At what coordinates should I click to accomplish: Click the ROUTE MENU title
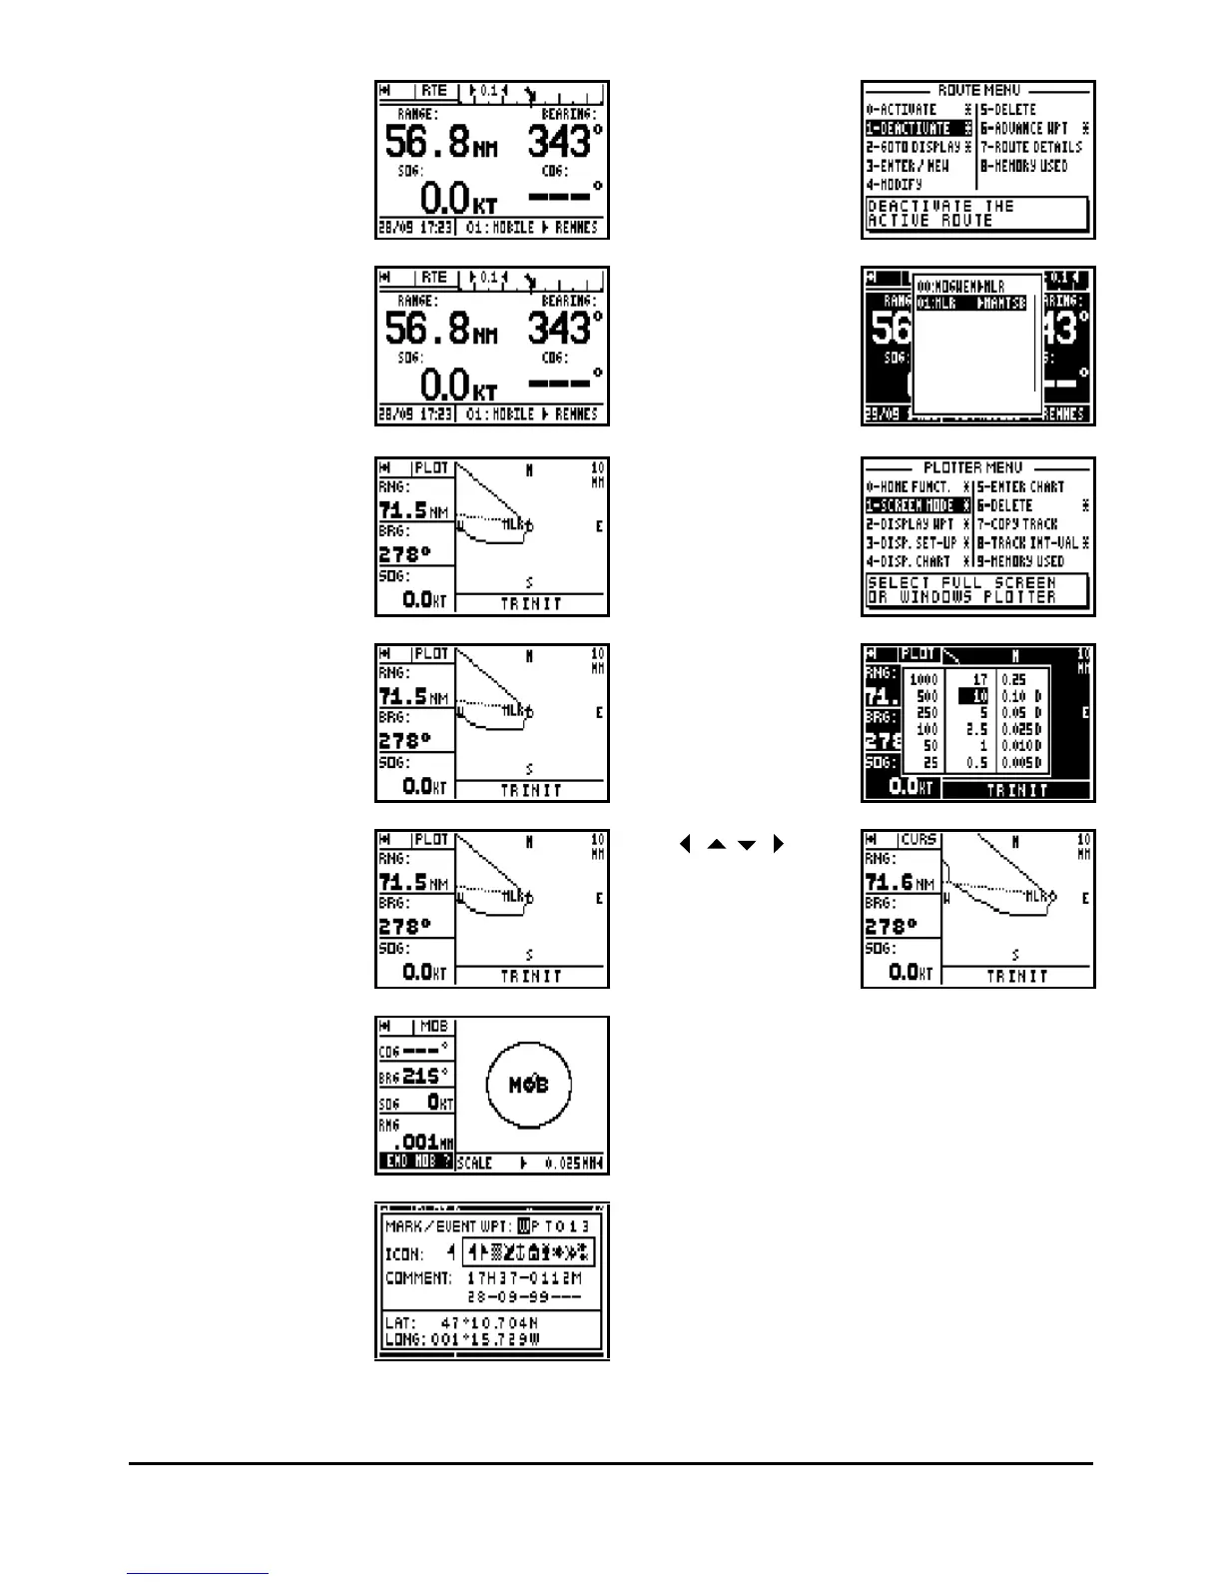[978, 90]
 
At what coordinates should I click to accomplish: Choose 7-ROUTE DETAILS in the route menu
[1030, 147]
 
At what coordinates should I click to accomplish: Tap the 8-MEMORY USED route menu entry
[1023, 166]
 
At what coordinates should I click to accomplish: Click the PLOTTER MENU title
[972, 467]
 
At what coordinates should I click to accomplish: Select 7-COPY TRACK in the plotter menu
[1017, 523]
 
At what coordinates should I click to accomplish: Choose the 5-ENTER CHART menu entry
[1020, 486]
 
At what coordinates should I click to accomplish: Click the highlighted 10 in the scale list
[973, 696]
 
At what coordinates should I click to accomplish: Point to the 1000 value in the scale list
[923, 679]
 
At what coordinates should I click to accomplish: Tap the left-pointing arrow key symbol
[685, 844]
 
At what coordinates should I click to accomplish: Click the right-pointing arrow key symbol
[779, 844]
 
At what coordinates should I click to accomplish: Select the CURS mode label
[917, 840]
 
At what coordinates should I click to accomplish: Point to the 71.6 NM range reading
[900, 882]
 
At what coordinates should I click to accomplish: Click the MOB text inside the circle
[528, 1085]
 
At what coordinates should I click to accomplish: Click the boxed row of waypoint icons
[528, 1252]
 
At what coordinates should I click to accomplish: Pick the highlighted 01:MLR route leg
[971, 304]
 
